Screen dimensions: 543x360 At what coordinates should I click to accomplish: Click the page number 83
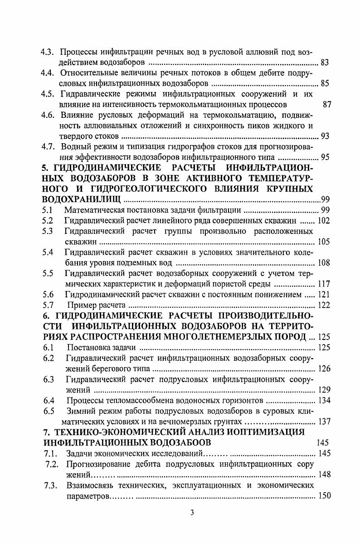pos(325,62)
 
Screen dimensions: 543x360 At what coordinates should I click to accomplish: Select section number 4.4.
pos(48,73)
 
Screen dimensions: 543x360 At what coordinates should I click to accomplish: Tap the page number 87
pos(327,105)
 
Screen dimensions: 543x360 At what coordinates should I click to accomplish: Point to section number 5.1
pos(48,210)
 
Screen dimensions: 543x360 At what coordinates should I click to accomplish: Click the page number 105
pos(324,242)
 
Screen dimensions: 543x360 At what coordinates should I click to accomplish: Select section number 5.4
pos(48,252)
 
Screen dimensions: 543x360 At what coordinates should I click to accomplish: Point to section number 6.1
pos(48,348)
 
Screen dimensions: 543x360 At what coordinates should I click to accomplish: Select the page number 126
pos(324,368)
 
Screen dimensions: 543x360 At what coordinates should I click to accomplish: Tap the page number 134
pos(324,400)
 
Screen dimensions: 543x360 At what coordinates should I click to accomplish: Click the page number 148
pos(324,475)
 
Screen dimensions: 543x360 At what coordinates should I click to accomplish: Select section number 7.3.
pos(50,485)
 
